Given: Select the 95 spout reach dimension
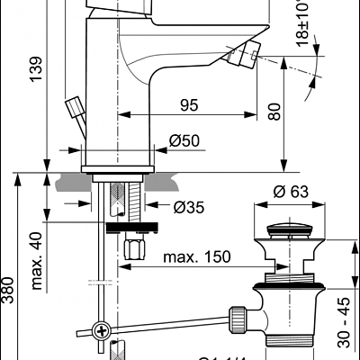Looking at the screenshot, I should click(x=186, y=105).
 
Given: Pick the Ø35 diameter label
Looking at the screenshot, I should click(x=188, y=208).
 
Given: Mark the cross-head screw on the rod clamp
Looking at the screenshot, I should click(x=101, y=330).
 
